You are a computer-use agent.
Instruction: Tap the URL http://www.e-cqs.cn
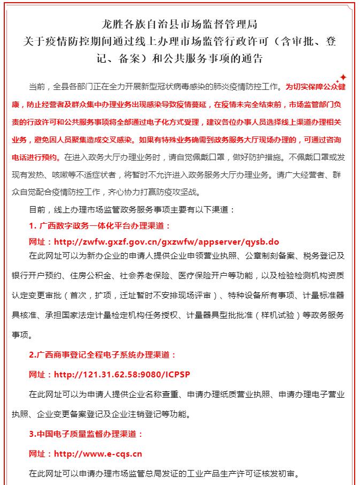tap(98, 454)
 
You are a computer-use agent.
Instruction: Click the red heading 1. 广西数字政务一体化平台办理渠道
tap(99, 226)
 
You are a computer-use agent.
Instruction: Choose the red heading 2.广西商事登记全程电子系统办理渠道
tap(102, 355)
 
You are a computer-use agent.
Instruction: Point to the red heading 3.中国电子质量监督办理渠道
tap(86, 434)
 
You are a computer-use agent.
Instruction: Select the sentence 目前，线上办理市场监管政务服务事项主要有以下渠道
tap(131, 210)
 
